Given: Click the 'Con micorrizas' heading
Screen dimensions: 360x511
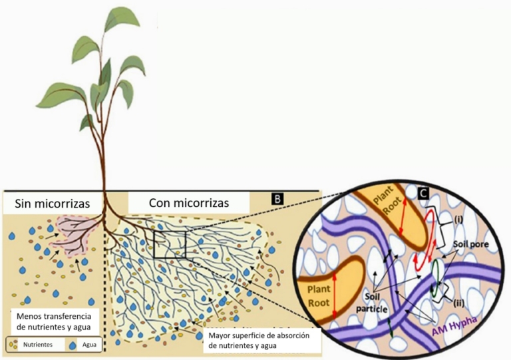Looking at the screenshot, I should point(189,202).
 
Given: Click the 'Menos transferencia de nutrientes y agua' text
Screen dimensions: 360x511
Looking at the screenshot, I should point(55,321).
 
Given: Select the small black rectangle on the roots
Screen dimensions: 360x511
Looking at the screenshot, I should point(170,244).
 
